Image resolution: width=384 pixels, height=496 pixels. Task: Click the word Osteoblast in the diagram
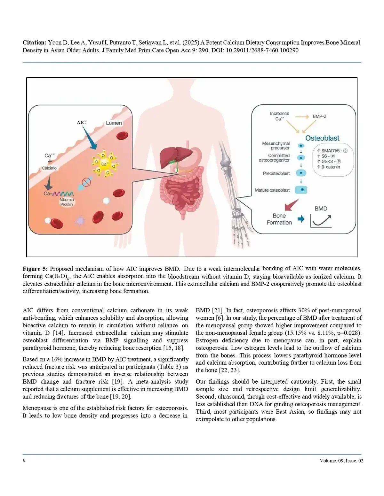click(322, 138)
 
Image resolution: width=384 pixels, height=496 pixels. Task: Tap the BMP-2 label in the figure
click(319, 117)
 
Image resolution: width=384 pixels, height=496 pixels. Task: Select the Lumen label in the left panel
click(114, 123)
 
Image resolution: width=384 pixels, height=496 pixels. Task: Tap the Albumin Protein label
click(67, 202)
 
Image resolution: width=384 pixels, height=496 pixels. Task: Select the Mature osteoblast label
click(272, 190)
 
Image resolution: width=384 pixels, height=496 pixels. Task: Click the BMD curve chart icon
click(321, 221)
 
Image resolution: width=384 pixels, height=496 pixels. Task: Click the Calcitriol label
click(50, 168)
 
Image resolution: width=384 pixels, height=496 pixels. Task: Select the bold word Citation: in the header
click(34, 42)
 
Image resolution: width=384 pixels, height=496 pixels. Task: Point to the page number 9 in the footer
click(24, 460)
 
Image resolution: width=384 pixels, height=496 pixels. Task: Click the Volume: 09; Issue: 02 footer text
click(341, 461)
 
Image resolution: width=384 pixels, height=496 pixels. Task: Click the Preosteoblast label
click(276, 173)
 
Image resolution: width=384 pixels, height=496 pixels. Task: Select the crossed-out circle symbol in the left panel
click(87, 182)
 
